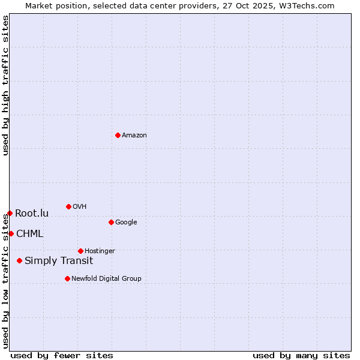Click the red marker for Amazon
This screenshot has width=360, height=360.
[x=118, y=135]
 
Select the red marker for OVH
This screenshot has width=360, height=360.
[x=68, y=206]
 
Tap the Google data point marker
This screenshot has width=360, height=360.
[x=111, y=222]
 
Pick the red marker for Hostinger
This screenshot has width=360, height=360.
[x=80, y=251]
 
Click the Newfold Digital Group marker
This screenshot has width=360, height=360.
[x=67, y=278]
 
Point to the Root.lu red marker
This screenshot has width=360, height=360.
[x=10, y=213]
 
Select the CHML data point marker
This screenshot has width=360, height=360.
[x=11, y=233]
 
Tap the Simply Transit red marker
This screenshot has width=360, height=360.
[x=20, y=260]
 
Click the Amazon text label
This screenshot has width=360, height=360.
[x=134, y=136]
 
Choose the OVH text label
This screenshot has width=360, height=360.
[x=80, y=207]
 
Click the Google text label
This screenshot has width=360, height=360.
[x=126, y=223]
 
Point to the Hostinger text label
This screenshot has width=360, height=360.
[x=100, y=251]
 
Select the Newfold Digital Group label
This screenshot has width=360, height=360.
[x=107, y=279]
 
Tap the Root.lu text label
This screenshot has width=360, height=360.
[x=32, y=214]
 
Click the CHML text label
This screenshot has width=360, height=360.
[x=30, y=234]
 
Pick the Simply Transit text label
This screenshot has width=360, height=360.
[x=59, y=261]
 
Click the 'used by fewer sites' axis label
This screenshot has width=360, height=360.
[x=62, y=355]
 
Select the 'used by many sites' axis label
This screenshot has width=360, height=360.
[x=301, y=355]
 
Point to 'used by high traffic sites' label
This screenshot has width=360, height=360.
[x=5, y=85]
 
